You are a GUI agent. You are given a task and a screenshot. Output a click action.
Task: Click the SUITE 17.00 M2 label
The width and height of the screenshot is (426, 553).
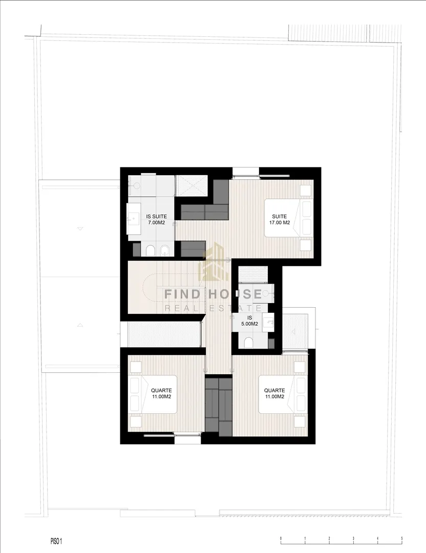pos(280,219)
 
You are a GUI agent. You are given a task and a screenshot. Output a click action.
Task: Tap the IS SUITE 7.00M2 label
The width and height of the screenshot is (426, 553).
pos(157,219)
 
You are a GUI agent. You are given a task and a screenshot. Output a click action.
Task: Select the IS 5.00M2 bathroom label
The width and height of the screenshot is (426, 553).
pos(250,321)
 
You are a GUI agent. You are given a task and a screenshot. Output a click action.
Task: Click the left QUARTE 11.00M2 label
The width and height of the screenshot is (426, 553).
pos(161,393)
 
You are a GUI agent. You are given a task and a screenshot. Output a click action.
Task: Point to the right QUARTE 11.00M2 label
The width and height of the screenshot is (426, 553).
pos(275,393)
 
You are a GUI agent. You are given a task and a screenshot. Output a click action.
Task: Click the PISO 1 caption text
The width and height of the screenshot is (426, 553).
pos(56,541)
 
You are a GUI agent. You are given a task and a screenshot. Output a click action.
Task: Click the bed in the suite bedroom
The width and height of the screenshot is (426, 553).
pos(289,218)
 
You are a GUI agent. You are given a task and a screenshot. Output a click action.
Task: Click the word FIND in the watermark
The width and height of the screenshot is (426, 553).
pos(182,294)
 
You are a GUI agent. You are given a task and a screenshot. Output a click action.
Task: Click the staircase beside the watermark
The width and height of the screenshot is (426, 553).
pos(166,286)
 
